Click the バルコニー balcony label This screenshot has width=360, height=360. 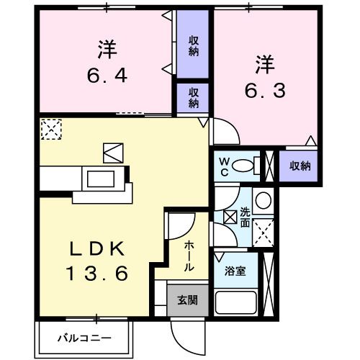(85, 337)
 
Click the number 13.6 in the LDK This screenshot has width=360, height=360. (99, 274)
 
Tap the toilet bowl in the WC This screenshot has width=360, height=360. (247, 165)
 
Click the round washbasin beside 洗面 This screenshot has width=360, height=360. (264, 200)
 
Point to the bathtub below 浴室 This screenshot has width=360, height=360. (236, 303)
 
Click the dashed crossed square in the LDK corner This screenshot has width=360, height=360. (51, 129)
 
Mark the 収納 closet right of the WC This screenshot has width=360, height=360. (300, 166)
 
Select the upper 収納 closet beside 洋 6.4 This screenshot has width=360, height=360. (194, 45)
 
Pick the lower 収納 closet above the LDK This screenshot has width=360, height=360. (194, 97)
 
